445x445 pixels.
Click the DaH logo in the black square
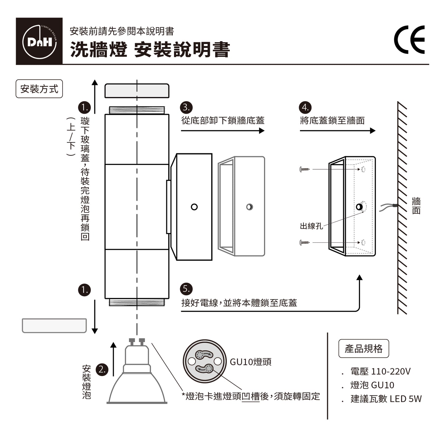39,41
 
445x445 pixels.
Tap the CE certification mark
409,40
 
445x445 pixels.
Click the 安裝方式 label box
39,89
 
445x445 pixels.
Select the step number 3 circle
186,107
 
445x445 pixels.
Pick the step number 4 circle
305,107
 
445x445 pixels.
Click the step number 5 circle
186,289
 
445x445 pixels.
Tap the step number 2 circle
102,369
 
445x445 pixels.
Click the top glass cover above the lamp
137,91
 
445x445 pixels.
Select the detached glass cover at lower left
54,326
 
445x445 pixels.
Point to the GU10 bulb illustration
137,374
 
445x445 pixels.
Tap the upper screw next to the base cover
305,169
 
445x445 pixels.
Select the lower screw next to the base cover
305,242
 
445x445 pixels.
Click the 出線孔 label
311,226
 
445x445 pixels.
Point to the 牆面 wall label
416,206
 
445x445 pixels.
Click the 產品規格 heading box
363,349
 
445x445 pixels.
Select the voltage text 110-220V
391,371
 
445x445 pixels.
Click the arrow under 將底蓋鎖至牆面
338,131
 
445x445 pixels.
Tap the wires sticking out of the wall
387,207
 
